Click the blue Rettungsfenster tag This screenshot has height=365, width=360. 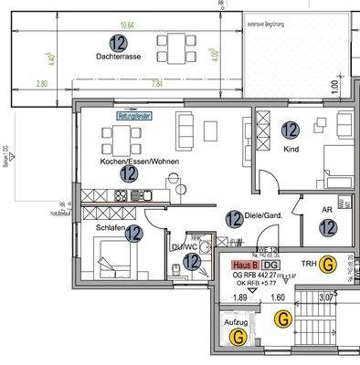click(x=134, y=117)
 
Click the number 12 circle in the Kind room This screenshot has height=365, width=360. click(x=291, y=130)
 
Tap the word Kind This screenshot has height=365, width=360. click(x=291, y=148)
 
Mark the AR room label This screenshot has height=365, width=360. click(x=326, y=209)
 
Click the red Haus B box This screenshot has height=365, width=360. click(x=245, y=264)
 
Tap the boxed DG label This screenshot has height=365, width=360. click(x=270, y=264)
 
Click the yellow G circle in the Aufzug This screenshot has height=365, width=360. click(x=238, y=337)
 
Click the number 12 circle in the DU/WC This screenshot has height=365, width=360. click(x=191, y=262)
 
